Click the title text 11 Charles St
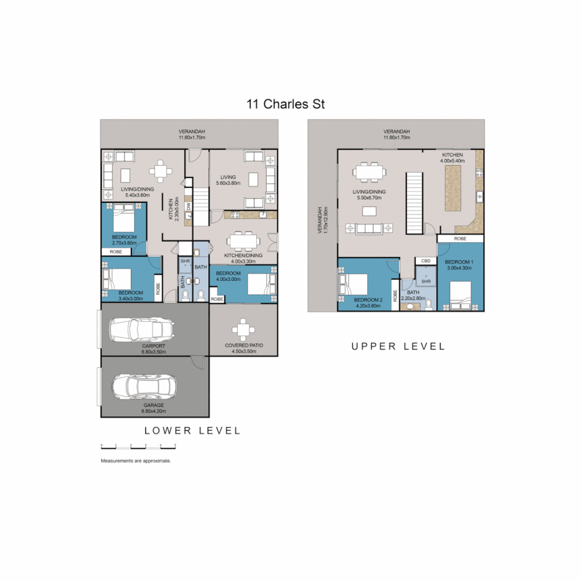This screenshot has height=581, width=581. click(286, 104)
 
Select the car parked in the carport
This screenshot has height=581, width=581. click(142, 329)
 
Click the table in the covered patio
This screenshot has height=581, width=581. click(244, 329)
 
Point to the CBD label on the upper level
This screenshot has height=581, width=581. click(425, 261)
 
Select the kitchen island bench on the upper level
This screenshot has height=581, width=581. click(454, 188)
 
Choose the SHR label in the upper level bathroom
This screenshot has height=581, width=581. click(426, 281)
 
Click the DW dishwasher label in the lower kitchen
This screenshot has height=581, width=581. click(188, 206)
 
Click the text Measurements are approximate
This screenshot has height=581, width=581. click(136, 461)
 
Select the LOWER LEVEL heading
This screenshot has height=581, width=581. click(192, 430)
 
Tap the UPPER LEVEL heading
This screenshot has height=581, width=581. click(398, 346)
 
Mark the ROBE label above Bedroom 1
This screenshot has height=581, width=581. click(460, 238)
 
